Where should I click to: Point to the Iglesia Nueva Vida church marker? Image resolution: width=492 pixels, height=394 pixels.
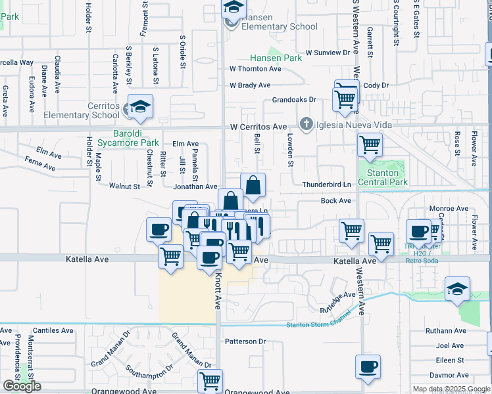(306, 124)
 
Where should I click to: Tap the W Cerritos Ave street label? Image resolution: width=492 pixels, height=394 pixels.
(258, 127)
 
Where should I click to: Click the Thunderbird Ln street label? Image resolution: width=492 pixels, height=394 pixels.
(327, 185)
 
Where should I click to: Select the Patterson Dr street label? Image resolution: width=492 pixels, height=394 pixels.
(245, 341)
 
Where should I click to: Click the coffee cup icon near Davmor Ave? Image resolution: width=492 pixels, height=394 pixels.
(368, 366)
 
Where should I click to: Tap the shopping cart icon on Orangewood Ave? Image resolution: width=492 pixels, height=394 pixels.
(210, 380)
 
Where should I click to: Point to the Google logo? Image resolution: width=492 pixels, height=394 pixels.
(22, 386)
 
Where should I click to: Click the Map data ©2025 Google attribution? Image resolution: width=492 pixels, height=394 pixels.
(451, 389)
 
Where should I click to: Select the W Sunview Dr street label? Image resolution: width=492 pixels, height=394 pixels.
(328, 53)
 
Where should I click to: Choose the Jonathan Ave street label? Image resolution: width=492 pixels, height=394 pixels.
(195, 186)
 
